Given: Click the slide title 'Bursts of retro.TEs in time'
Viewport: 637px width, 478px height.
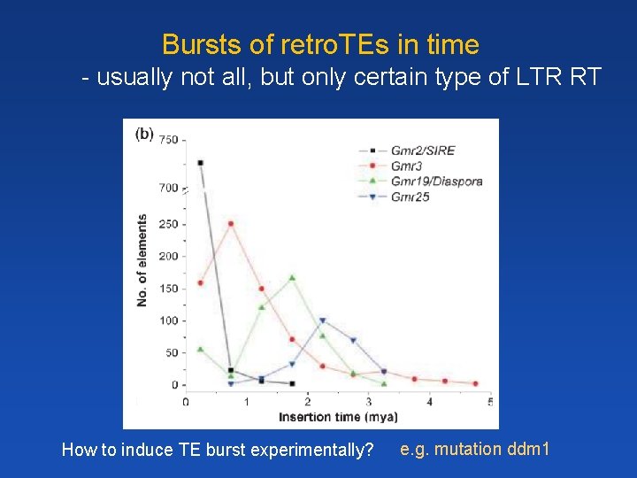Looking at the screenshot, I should pos(320,44).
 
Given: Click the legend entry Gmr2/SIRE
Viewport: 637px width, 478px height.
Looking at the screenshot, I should pos(422,150).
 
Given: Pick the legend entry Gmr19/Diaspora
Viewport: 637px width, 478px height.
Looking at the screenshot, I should pos(436,181).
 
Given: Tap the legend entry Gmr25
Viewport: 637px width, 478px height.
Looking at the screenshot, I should pos(410,197).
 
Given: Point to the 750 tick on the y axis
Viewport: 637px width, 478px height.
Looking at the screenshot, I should pos(168,140).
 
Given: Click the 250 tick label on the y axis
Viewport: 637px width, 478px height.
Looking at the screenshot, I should pos(168,224).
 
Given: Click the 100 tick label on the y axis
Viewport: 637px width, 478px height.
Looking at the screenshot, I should pos(168,320).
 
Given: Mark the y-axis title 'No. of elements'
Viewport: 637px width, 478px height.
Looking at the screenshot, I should pos(142,261).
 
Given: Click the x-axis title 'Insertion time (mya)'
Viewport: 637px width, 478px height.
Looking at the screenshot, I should pos(338,417).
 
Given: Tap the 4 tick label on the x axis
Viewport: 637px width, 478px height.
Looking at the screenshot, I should pos(429,402).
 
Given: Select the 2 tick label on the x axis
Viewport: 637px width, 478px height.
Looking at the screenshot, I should pos(307,402).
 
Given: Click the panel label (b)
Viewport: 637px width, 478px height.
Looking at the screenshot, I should pos(144,135).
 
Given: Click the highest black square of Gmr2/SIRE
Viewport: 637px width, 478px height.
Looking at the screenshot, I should pos(201,163).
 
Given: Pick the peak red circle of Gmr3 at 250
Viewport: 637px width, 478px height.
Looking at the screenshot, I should pos(231,223).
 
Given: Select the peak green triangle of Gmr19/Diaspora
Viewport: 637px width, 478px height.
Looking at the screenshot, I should pos(292,277).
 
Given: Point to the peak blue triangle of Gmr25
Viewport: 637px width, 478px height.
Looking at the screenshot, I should pos(323,320).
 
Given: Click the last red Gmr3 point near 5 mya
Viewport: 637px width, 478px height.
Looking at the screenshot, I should pos(475,383).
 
